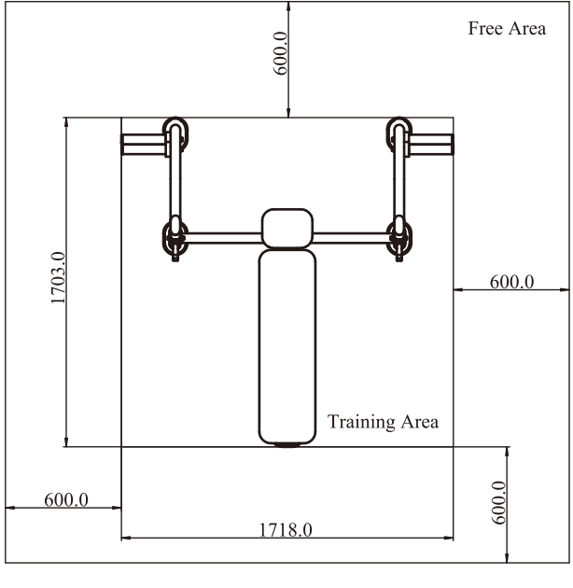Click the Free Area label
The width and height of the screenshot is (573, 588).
507,29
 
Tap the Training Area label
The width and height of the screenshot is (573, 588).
383,422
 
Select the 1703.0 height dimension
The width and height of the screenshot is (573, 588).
58,278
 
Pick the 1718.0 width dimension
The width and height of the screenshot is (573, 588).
286,530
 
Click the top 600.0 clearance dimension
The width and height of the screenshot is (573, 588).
281,53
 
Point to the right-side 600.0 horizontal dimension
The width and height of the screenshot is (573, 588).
511,282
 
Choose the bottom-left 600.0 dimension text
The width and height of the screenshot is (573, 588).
66,500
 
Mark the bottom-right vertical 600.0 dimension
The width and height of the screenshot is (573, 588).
498,502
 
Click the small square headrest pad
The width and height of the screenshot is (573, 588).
287,229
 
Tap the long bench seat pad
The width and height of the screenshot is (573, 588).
287,347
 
